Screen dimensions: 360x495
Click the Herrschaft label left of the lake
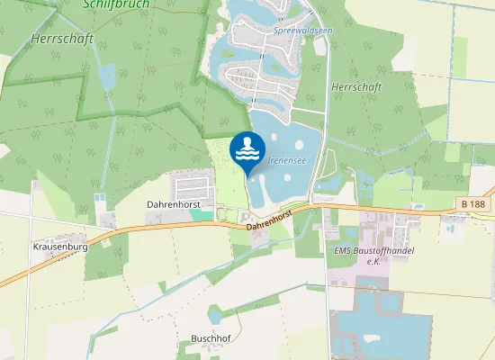click(x=56, y=40)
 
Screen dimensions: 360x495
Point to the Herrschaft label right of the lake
click(x=356, y=86)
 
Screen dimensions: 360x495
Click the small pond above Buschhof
click(x=215, y=314)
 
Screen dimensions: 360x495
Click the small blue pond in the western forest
click(x=109, y=76)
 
